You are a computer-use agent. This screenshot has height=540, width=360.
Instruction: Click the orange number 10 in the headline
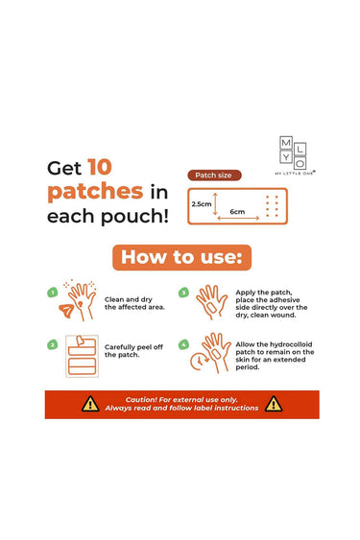(100, 167)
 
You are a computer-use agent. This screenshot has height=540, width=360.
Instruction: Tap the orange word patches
(95, 192)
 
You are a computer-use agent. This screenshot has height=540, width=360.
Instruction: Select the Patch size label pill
(214, 176)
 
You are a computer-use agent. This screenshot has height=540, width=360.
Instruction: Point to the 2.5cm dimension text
(202, 204)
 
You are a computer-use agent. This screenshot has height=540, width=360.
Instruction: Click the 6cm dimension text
(237, 211)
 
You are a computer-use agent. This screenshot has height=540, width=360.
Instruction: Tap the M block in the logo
(286, 143)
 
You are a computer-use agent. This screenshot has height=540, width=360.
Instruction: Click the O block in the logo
(300, 163)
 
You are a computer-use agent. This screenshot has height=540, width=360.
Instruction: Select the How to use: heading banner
(182, 257)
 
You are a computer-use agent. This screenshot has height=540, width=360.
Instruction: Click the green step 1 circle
(53, 293)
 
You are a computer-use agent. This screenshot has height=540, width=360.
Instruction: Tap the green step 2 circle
(53, 344)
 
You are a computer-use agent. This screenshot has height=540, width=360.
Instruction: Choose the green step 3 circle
(183, 293)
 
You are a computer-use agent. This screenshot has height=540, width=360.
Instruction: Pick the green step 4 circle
(183, 344)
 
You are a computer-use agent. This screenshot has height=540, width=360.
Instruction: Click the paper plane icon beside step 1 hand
(66, 311)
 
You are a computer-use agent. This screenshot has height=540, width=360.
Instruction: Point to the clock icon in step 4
(200, 362)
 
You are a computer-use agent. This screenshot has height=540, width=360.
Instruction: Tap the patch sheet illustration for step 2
(82, 356)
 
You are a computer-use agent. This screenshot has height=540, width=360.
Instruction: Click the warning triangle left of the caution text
(90, 404)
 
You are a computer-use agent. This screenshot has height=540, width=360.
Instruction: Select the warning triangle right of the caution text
(274, 404)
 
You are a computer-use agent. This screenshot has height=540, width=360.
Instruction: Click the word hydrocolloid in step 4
(291, 344)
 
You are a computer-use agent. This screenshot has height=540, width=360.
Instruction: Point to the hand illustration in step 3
(212, 302)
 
